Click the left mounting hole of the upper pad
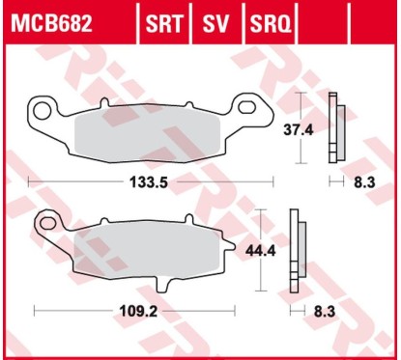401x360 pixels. (42, 107)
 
